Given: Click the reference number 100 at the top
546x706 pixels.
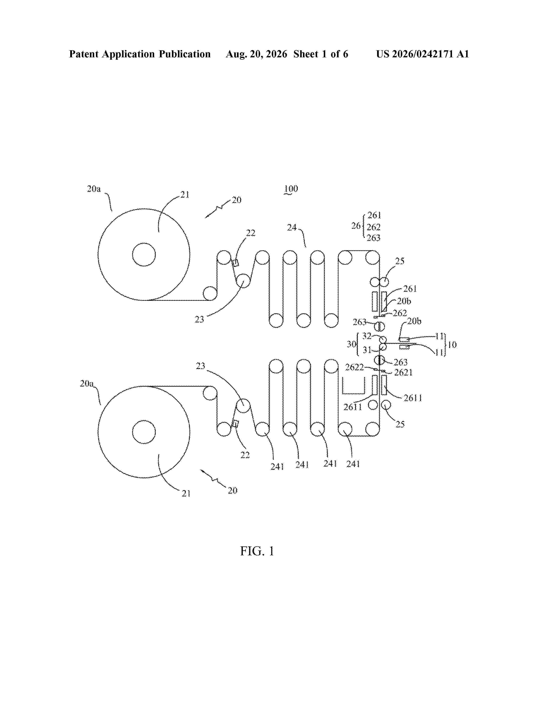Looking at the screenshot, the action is tap(291, 188).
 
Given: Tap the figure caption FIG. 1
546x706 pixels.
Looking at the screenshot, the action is tap(257, 551).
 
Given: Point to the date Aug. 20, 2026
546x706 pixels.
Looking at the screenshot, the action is tap(256, 54).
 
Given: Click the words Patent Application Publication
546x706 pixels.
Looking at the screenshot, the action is tap(140, 54).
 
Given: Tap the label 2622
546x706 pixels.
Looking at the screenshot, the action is tap(354, 367).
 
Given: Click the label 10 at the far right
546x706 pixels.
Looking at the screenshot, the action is tap(452, 345).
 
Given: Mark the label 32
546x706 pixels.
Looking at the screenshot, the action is tap(367, 336).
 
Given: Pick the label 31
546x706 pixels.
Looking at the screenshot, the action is tap(367, 350).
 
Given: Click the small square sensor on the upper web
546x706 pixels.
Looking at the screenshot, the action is tap(236, 263).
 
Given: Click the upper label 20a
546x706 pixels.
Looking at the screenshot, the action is tap(94, 189).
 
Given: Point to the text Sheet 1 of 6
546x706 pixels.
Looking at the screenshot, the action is tap(321, 54).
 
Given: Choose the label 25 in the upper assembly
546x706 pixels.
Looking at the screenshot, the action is tap(400, 261).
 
